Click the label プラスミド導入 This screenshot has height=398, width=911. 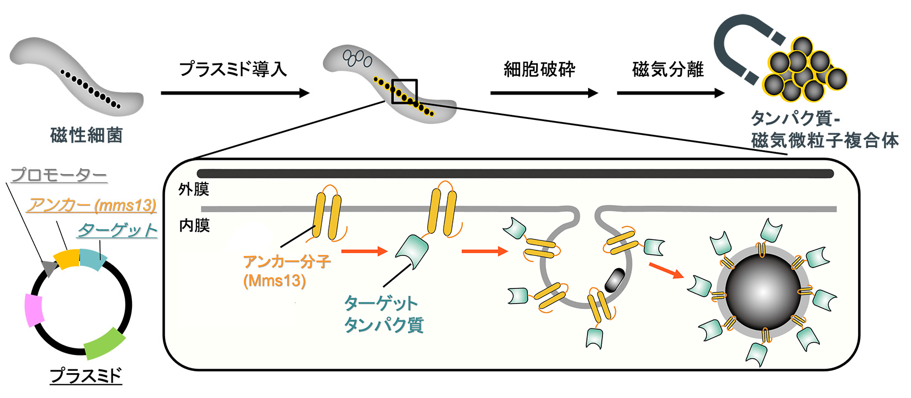tap(233, 69)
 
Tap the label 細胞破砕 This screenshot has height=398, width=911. tap(539, 70)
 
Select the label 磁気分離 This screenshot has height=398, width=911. tap(668, 70)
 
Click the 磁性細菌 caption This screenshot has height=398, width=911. tap(86, 135)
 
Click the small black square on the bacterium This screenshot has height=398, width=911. tap(404, 91)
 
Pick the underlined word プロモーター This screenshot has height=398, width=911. tap(59, 175)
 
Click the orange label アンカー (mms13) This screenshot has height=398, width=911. tap(92, 205)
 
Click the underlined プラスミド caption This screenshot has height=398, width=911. tap(86, 376)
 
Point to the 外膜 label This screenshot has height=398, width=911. tap(193, 190)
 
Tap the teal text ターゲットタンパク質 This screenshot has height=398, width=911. tap(383, 313)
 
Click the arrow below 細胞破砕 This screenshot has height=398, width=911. tap(544, 93)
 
